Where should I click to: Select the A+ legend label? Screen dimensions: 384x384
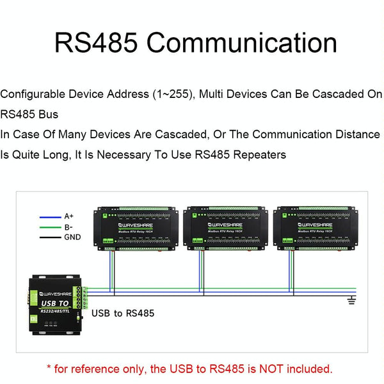(70, 216)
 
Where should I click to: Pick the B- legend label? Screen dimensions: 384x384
(68, 227)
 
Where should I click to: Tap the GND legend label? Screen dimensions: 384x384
(72, 237)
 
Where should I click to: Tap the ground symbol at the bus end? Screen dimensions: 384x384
(350, 300)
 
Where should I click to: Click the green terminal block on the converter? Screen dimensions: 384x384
(81, 297)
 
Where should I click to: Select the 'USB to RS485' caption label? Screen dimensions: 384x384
(123, 314)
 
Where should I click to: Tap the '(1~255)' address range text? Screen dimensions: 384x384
(175, 95)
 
